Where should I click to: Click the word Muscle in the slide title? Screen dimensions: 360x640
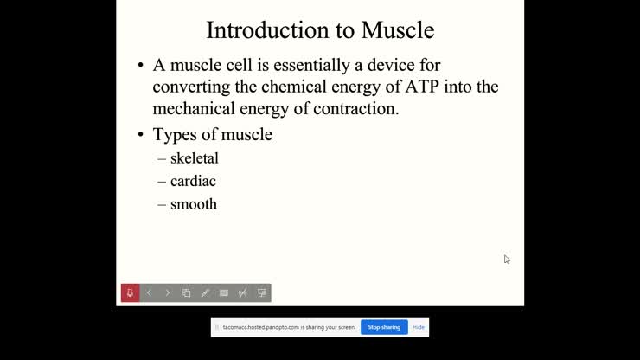pos(397,30)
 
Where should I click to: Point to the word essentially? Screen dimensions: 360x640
pos(314,65)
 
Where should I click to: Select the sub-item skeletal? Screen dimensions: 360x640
pos(194,158)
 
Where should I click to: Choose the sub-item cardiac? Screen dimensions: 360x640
pos(193,182)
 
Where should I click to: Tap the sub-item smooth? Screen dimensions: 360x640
pos(194,205)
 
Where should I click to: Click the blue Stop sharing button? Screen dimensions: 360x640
pos(384,327)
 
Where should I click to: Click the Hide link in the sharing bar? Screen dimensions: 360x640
pos(419,327)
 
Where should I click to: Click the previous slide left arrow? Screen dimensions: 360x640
pos(149,293)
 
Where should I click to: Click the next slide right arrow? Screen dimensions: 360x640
pos(168,293)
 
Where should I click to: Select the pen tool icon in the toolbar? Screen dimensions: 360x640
pos(205,293)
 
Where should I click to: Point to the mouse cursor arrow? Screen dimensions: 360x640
pos(507,259)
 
